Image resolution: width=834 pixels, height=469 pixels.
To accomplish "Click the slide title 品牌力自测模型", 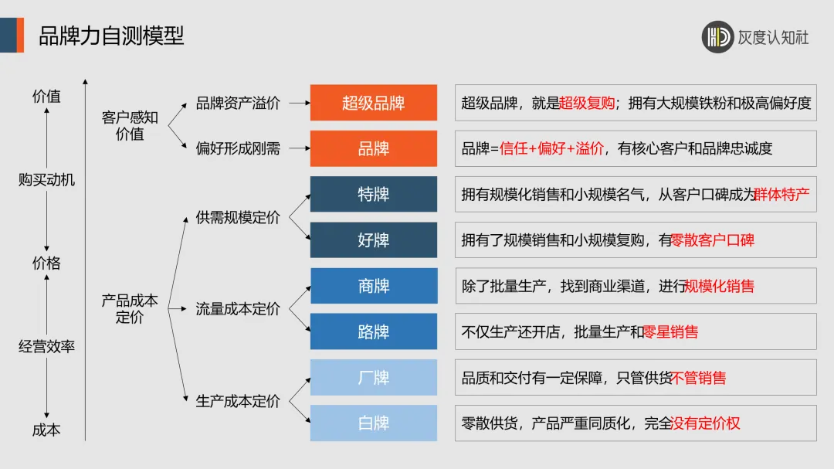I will coord(111,36).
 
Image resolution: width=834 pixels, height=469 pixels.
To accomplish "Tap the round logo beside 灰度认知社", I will coord(717,36).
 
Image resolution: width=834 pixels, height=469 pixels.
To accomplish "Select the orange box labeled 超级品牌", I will coord(374,103).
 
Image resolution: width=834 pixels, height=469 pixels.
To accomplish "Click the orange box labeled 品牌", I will coord(374,148).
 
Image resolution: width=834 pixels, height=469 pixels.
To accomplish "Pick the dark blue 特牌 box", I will coord(374,194).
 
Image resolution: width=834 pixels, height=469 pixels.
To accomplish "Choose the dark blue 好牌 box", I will coord(374,240).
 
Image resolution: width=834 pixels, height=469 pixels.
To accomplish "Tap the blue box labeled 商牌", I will coord(374,286).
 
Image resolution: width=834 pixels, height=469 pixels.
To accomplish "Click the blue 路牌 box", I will coord(374,332).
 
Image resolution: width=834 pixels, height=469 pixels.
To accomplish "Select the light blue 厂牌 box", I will coord(374,378).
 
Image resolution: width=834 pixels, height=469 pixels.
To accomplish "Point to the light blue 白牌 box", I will coord(374,423).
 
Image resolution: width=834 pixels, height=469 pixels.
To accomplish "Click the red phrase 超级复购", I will coord(588,103).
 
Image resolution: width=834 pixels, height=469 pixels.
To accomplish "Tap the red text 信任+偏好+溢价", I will coord(552,149).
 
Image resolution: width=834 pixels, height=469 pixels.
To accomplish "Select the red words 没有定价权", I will coord(706,423).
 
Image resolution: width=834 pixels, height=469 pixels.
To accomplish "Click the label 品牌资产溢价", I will coord(238,103).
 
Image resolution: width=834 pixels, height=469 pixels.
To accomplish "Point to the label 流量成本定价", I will coord(238,309).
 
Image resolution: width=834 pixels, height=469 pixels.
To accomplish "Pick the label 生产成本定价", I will coord(238,401).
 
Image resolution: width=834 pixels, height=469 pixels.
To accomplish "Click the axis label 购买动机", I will coord(47,180).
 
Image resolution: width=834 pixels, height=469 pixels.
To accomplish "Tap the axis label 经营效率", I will coord(47,346).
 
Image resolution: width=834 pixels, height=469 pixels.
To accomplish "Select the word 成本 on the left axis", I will coord(46,430).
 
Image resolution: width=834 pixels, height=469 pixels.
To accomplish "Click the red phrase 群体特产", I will coord(781,195).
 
